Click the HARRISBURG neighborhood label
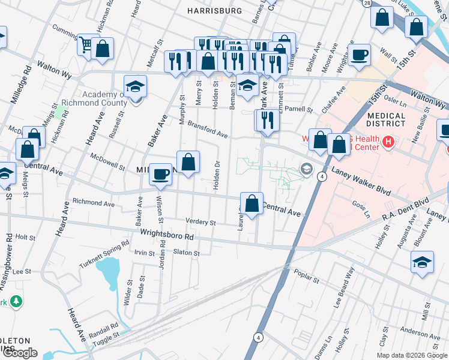[214, 11]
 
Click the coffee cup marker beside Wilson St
[160, 174]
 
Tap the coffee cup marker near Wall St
[360, 55]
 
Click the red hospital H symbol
[388, 142]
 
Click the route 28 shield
[366, 4]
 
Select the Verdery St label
[200, 223]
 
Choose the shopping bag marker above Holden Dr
[188, 162]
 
